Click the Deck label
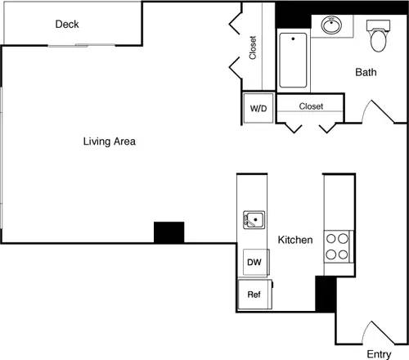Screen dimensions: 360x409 [67, 25]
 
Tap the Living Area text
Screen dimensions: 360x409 [109, 142]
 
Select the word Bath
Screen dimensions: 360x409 [366, 73]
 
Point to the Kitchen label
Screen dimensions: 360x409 [295, 241]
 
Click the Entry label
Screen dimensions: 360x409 [378, 353]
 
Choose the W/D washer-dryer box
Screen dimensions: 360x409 [258, 108]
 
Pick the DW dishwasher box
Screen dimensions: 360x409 [254, 263]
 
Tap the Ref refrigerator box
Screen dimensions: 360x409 [254, 294]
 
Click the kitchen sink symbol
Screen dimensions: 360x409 [254, 219]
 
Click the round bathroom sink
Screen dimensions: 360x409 [333, 26]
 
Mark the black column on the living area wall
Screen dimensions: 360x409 [169, 232]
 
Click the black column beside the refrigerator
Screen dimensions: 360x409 [325, 293]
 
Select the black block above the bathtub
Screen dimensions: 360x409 [293, 16]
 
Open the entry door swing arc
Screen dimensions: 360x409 [375, 331]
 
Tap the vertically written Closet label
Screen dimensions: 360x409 [254, 47]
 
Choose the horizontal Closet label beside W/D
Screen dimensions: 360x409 [311, 106]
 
